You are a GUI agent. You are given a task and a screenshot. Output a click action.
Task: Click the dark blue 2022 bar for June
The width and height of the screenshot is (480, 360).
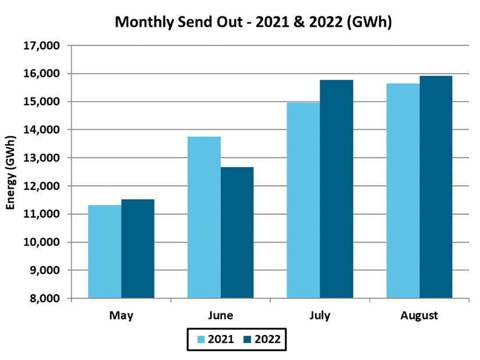click(x=237, y=232)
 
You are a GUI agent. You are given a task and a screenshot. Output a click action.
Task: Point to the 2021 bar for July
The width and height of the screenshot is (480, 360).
click(x=303, y=200)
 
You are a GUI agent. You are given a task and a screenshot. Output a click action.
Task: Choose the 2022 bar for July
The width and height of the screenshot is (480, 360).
click(x=336, y=189)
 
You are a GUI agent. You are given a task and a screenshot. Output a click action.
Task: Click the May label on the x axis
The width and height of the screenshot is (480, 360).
click(x=121, y=316)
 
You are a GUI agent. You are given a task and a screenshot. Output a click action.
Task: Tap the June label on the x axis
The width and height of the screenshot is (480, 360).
click(x=220, y=316)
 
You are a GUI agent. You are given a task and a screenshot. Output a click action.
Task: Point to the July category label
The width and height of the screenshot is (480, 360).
click(x=320, y=316)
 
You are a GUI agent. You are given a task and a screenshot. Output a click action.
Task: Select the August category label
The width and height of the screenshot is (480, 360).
click(x=419, y=316)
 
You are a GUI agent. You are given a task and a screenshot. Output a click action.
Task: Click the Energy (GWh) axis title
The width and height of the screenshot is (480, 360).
click(x=10, y=171)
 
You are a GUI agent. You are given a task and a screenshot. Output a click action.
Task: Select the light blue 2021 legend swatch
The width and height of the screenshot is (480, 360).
click(x=201, y=340)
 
